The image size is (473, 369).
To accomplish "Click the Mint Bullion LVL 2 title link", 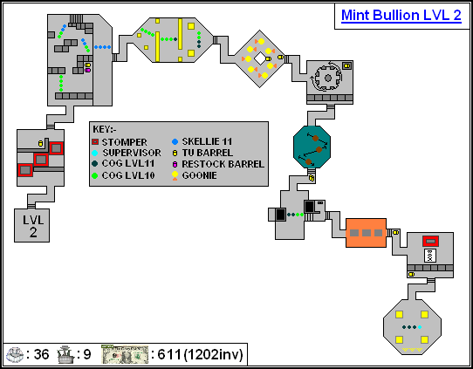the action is [x=401, y=16].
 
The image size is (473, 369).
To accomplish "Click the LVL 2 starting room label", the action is [x=33, y=226].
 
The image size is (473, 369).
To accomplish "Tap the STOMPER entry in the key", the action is [x=120, y=142].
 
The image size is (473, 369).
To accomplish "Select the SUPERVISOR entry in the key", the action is [x=127, y=153].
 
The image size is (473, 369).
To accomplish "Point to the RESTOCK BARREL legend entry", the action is [x=218, y=164].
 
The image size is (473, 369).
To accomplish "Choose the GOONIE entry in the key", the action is [x=195, y=175].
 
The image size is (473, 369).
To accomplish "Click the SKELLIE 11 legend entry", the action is [x=202, y=141].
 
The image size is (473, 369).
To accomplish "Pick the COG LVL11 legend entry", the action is [x=123, y=164].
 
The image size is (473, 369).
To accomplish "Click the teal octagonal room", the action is [x=312, y=147].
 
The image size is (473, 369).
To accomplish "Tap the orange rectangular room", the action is [x=366, y=233].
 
